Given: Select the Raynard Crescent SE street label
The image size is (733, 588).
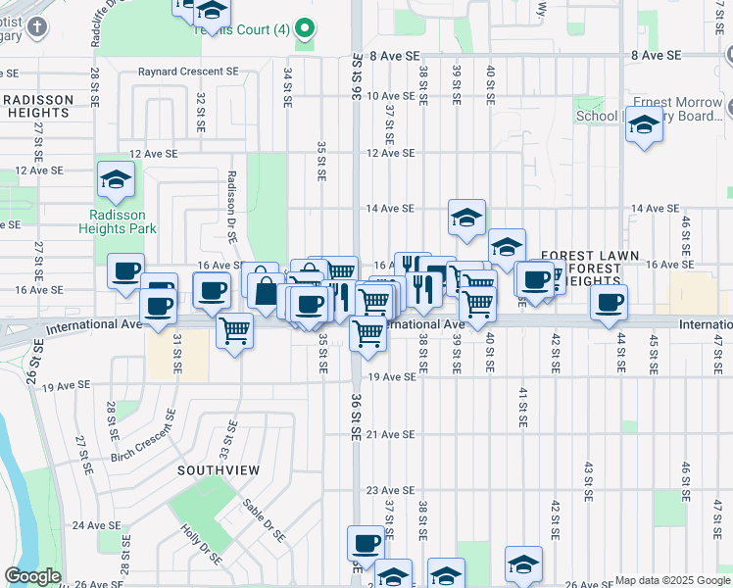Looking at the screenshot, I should tap(188, 72).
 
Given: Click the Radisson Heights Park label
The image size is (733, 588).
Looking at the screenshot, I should tap(122, 221).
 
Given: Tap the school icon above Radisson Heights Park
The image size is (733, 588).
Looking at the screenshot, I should tap(116, 180).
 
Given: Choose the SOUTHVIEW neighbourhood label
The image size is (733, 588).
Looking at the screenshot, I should tap(219, 470).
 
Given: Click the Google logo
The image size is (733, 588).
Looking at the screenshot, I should tap(32, 576).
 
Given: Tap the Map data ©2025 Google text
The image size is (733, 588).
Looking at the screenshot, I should tap(673, 580).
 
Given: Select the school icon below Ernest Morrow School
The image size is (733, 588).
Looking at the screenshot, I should tap(644, 127).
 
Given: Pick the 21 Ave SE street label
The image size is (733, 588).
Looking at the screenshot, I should tap(391, 434).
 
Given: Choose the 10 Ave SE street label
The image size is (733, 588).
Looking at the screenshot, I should tap(391, 96).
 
